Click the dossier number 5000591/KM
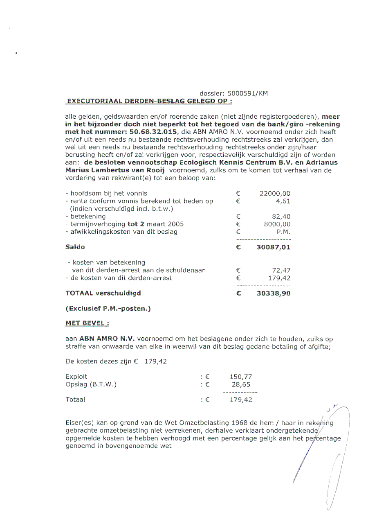[248, 93]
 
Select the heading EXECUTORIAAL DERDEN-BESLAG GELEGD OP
[150, 101]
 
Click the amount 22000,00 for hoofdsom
[275, 193]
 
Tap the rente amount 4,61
[283, 201]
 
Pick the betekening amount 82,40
[281, 217]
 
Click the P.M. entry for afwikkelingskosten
[283, 232]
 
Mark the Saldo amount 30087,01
[274, 247]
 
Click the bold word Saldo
[75, 247]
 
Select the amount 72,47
[281, 270]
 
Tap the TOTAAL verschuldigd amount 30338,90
[274, 293]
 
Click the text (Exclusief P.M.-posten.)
[108, 309]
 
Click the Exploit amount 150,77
[241, 377]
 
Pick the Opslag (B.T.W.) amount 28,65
[241, 384]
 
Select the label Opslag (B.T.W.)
[91, 384]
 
